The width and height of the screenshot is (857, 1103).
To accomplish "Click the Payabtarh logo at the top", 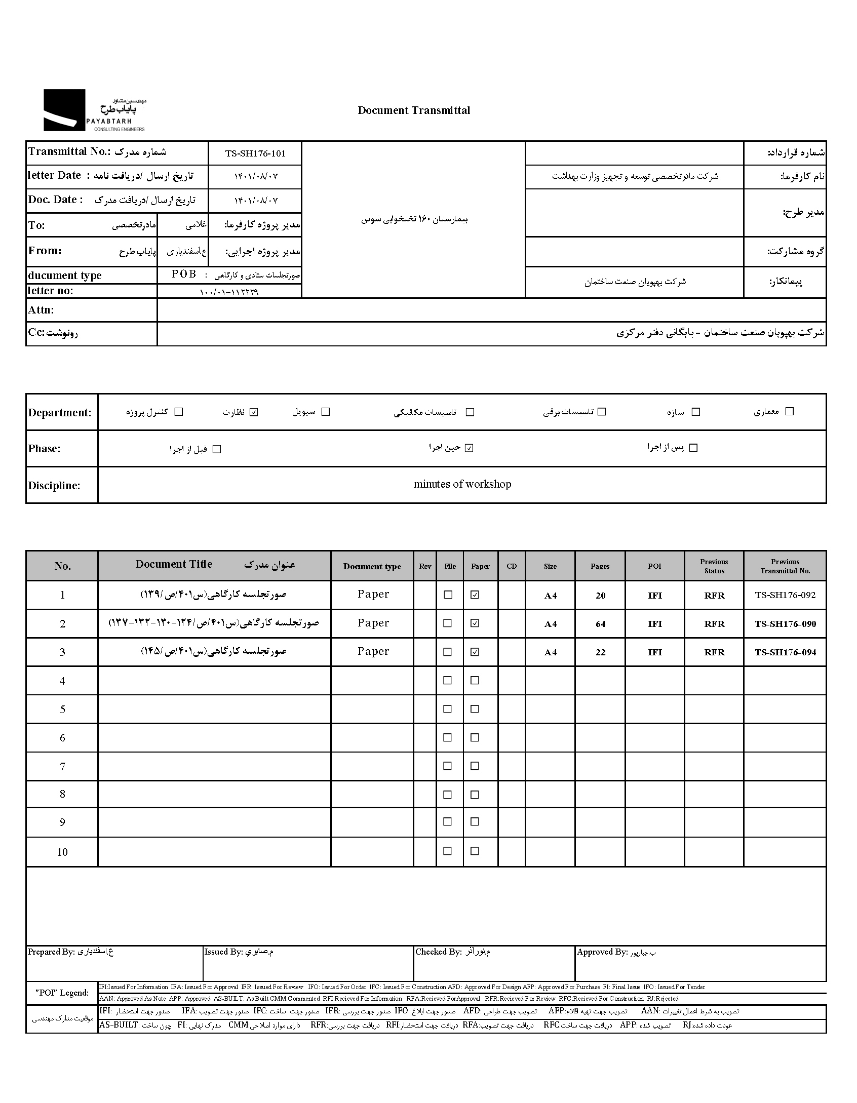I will (94, 110).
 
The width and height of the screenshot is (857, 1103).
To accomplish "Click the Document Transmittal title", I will (413, 110).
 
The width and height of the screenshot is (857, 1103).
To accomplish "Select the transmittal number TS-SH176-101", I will (255, 153).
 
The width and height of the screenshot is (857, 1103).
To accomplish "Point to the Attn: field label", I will (41, 310).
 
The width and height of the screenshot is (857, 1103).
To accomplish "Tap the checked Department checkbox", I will (254, 412).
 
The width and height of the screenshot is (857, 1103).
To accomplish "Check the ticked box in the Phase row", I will (469, 448).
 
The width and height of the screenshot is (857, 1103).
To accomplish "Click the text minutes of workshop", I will (462, 484).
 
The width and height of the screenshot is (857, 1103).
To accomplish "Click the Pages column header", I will (600, 566).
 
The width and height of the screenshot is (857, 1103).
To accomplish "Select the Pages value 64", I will (600, 624).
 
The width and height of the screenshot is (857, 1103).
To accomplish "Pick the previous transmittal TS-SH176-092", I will (785, 595).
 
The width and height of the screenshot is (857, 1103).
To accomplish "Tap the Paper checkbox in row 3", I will (475, 652).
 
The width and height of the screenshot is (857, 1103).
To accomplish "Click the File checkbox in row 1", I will (448, 595).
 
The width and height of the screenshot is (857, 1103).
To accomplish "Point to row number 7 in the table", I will (62, 766).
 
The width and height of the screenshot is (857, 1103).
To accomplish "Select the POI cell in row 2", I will (654, 624).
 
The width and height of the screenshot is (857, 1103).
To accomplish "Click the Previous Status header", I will (714, 566).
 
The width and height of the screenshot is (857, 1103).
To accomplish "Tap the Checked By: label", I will (438, 952).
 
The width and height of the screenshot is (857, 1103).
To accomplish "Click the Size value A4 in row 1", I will (550, 596).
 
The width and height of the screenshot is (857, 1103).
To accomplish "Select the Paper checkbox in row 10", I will (475, 851).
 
